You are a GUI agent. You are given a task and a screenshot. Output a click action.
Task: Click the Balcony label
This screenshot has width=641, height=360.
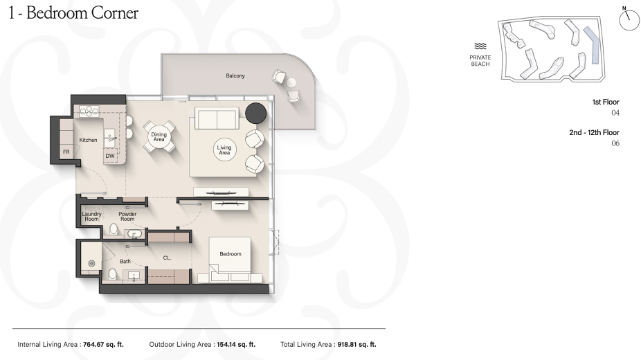point(235,75)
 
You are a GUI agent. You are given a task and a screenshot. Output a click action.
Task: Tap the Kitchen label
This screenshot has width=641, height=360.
point(89,140)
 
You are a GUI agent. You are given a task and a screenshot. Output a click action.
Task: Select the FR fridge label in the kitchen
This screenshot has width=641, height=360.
point(66,152)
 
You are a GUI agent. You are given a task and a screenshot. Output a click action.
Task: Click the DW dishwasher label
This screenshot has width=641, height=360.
point(110,156)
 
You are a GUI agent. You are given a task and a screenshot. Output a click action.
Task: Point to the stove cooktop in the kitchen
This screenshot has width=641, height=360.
point(89,111)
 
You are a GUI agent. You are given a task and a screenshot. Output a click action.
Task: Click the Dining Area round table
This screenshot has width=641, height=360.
point(159,136)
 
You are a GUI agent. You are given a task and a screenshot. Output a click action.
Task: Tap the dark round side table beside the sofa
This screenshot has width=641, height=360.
point(256,113)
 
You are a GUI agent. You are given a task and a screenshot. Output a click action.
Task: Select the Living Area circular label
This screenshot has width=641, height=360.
point(224,150)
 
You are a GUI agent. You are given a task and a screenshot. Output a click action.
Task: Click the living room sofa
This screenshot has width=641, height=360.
point(217,118)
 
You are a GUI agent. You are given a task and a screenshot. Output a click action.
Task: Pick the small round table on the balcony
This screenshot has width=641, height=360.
point(291,83)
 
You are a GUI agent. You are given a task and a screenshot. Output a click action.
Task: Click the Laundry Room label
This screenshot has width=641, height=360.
point(91,216)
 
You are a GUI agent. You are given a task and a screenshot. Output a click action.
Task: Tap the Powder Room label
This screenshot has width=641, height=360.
point(127,216)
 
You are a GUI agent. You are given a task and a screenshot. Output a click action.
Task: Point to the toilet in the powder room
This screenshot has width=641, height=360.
point(114,229)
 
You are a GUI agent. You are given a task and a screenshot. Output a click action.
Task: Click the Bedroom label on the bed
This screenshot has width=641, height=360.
point(231,254)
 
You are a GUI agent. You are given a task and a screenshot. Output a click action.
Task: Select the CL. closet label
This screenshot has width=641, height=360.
point(168,258)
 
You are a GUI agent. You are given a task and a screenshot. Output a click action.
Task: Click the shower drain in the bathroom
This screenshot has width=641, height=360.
point(92,264)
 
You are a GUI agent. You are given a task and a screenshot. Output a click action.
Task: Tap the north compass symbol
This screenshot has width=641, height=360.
point(629,19)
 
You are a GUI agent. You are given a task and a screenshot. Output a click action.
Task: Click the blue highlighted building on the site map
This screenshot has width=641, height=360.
point(593,45)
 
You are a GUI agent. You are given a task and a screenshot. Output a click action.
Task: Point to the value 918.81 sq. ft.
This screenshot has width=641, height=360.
point(357,345)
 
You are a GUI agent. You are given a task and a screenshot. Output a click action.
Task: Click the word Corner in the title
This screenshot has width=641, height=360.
point(115,12)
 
